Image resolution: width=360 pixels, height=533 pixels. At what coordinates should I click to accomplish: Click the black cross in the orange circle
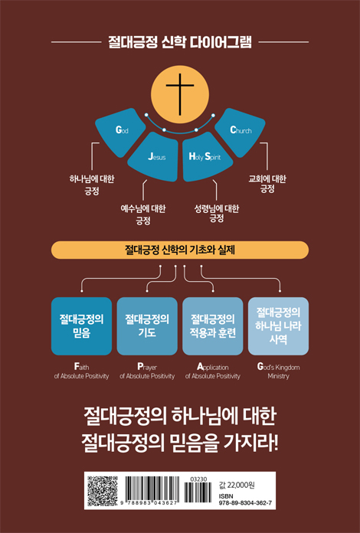[x=180, y=94]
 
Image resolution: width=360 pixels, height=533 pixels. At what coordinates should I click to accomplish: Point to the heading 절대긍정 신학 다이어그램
[x=180, y=42]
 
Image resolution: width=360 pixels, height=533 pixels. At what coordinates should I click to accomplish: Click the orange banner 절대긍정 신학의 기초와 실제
[x=180, y=250]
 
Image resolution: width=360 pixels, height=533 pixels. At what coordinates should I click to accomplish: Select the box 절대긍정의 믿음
[x=82, y=326]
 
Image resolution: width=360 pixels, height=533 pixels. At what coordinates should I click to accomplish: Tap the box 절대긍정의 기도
[x=147, y=326]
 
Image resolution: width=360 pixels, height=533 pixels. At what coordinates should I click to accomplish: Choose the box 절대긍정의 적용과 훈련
[x=213, y=326]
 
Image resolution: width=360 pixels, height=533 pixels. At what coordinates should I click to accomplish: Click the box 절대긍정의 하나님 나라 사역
[x=278, y=326]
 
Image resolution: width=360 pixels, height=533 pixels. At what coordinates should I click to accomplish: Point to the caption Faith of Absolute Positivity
[x=82, y=371]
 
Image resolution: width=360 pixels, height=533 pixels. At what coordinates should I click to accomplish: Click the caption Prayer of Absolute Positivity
[x=147, y=371]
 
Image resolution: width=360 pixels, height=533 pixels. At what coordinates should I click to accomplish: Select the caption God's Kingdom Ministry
[x=278, y=371]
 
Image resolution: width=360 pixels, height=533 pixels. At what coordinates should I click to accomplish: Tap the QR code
[x=103, y=491]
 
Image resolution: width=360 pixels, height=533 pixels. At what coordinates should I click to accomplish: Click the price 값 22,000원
[x=237, y=485]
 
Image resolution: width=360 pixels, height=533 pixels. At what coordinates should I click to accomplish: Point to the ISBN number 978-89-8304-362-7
[x=245, y=503]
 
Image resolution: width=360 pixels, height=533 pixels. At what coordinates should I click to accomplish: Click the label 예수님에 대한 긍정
[x=143, y=214]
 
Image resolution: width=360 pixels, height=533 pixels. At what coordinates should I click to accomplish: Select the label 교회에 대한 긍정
[x=267, y=184]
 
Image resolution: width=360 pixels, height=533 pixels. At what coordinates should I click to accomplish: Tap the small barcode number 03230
[x=198, y=479]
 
